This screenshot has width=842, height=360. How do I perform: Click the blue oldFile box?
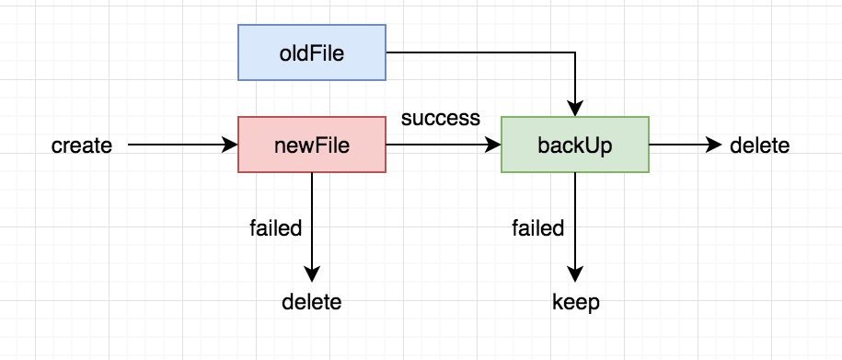(x=312, y=52)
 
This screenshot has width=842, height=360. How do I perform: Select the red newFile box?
(x=312, y=145)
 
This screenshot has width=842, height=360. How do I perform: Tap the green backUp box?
(x=575, y=145)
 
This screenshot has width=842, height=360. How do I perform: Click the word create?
(x=82, y=145)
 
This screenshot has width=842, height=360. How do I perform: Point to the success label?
(x=441, y=118)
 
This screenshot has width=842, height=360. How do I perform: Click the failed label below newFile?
(x=276, y=228)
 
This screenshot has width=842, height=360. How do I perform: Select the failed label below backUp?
(x=538, y=228)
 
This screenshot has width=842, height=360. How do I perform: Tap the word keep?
(x=576, y=303)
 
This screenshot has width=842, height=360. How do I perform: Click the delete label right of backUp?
(x=760, y=145)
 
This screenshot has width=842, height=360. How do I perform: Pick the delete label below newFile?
(x=311, y=302)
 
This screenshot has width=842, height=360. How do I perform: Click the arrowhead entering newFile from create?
(x=230, y=145)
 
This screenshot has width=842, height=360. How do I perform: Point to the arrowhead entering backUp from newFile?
(x=493, y=145)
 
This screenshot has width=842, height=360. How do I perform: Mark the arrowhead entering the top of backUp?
(x=575, y=109)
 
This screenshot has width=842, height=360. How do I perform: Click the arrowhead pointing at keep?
(x=575, y=274)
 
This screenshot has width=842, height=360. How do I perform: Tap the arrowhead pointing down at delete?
(x=312, y=274)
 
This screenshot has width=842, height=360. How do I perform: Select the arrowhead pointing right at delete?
(x=714, y=145)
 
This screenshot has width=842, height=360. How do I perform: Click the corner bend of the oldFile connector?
(x=575, y=52)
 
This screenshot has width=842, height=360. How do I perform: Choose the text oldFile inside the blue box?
(x=311, y=53)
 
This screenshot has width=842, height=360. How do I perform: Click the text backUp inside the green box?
(x=575, y=146)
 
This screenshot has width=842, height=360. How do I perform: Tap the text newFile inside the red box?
(x=312, y=145)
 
